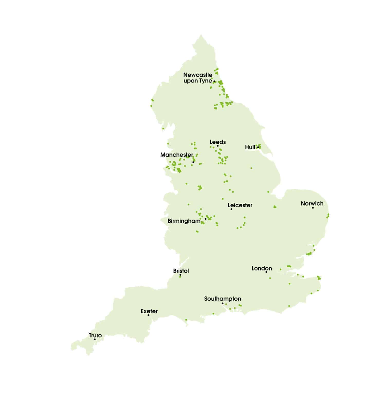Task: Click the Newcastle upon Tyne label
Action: pos(198,78)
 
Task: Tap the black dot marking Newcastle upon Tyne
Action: pos(214,81)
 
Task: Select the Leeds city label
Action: pos(217,142)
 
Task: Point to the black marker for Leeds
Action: pos(217,146)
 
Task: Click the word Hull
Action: pos(250,147)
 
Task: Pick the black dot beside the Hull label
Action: pos(258,147)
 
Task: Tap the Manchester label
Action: pos(177,155)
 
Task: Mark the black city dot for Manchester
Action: pos(193,162)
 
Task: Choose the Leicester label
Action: pos(240,205)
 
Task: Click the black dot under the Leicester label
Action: pos(231,209)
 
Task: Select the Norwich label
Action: pos(312,203)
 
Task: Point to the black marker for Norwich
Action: pos(313,208)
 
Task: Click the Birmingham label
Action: pos(184,221)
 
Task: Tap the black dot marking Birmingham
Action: pos(205,219)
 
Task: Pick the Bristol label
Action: pos(181,271)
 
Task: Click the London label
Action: pos(262,268)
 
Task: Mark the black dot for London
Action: pos(266,272)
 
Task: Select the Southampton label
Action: pos(223,299)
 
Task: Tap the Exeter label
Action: pos(149,311)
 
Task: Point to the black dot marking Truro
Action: pos(95,339)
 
